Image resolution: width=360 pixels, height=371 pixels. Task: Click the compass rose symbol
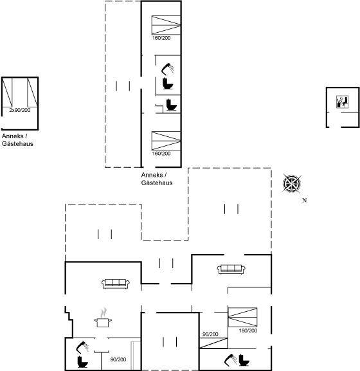tap(292, 183)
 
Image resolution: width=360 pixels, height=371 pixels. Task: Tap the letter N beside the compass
tap(305, 200)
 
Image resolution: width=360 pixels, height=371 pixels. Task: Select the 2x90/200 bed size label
tap(20, 110)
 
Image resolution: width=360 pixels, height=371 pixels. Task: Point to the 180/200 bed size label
tap(248, 330)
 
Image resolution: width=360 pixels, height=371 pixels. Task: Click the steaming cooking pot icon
tap(103, 318)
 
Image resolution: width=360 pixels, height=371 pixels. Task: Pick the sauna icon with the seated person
tap(343, 102)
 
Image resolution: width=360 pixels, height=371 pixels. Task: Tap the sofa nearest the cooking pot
tap(116, 284)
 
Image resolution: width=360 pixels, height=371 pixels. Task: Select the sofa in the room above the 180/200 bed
tap(231, 269)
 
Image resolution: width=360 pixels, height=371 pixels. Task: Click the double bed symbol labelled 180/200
tap(242, 317)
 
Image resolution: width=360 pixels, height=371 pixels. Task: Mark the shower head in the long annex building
tap(168, 69)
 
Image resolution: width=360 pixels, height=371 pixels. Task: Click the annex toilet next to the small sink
tap(171, 105)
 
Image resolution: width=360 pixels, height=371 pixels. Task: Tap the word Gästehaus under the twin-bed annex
tap(17, 144)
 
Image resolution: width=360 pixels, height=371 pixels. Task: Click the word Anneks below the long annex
tap(152, 175)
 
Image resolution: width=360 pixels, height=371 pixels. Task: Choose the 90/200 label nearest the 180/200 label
tap(210, 334)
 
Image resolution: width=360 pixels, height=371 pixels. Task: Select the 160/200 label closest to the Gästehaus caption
tap(161, 154)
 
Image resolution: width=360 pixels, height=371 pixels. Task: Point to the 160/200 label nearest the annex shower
tap(161, 38)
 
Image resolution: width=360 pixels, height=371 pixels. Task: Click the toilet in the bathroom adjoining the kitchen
tap(82, 362)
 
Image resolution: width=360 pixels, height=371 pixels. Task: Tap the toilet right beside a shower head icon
tap(244, 359)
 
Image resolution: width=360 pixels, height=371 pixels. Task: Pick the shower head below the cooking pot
tap(82, 347)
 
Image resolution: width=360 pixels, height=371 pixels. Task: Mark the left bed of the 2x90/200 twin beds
tap(7, 93)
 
